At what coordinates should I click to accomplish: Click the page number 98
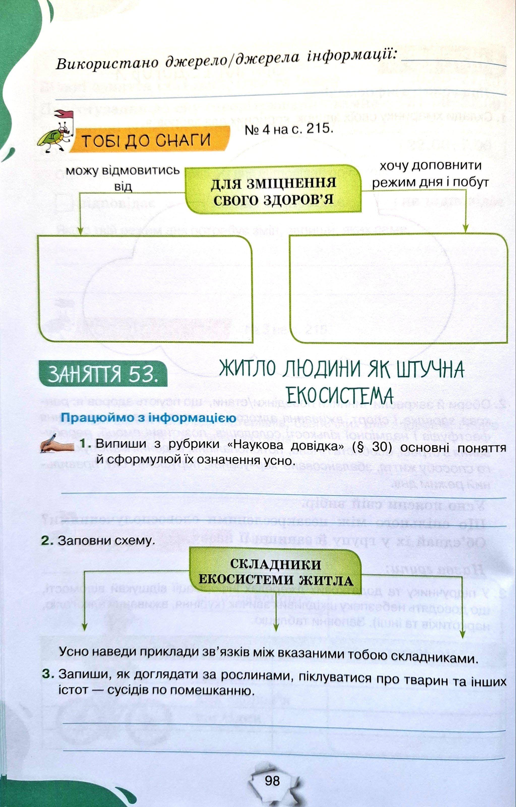[x=272, y=781]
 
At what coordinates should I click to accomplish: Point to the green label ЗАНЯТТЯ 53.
[x=103, y=374]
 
